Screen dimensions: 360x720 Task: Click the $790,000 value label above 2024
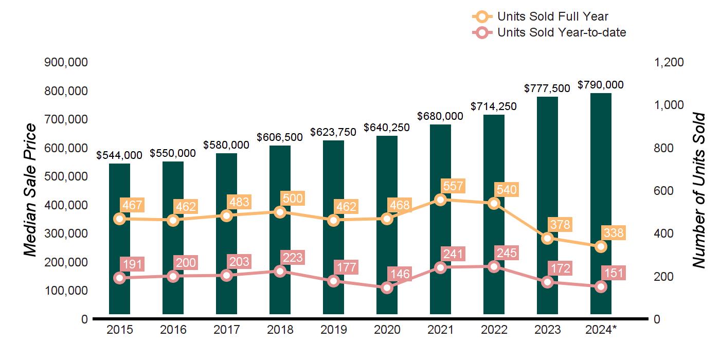601,85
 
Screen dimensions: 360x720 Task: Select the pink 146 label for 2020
400,274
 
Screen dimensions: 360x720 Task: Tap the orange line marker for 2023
547,238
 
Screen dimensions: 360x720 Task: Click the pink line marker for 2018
280,271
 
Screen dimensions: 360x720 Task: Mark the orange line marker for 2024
601,247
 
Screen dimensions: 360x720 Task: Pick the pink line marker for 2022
494,266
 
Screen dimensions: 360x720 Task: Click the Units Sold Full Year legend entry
540,17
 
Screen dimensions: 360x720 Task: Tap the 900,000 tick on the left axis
66,62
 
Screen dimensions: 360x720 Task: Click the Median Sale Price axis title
31,190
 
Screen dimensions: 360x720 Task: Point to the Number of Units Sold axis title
698,190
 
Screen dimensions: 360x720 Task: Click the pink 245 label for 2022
507,253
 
